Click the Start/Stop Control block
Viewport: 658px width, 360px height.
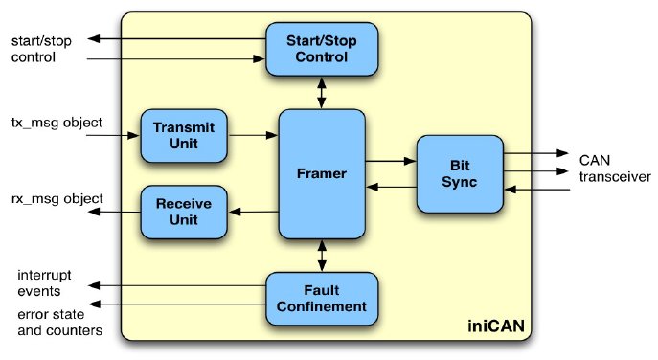coord(321,50)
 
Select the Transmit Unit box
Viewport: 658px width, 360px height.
coord(183,135)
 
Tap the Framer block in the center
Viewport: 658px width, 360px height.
coord(322,174)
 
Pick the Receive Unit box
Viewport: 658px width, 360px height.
coord(183,212)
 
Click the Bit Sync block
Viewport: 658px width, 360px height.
coord(460,173)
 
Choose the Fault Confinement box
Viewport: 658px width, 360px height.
coord(321,299)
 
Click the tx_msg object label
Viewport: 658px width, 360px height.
coord(57,124)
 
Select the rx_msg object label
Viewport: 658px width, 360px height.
coord(57,199)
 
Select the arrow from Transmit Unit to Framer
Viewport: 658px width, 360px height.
coord(253,136)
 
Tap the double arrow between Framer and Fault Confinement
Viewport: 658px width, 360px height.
coord(322,255)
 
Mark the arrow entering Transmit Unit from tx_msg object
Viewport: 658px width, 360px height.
coord(113,136)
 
